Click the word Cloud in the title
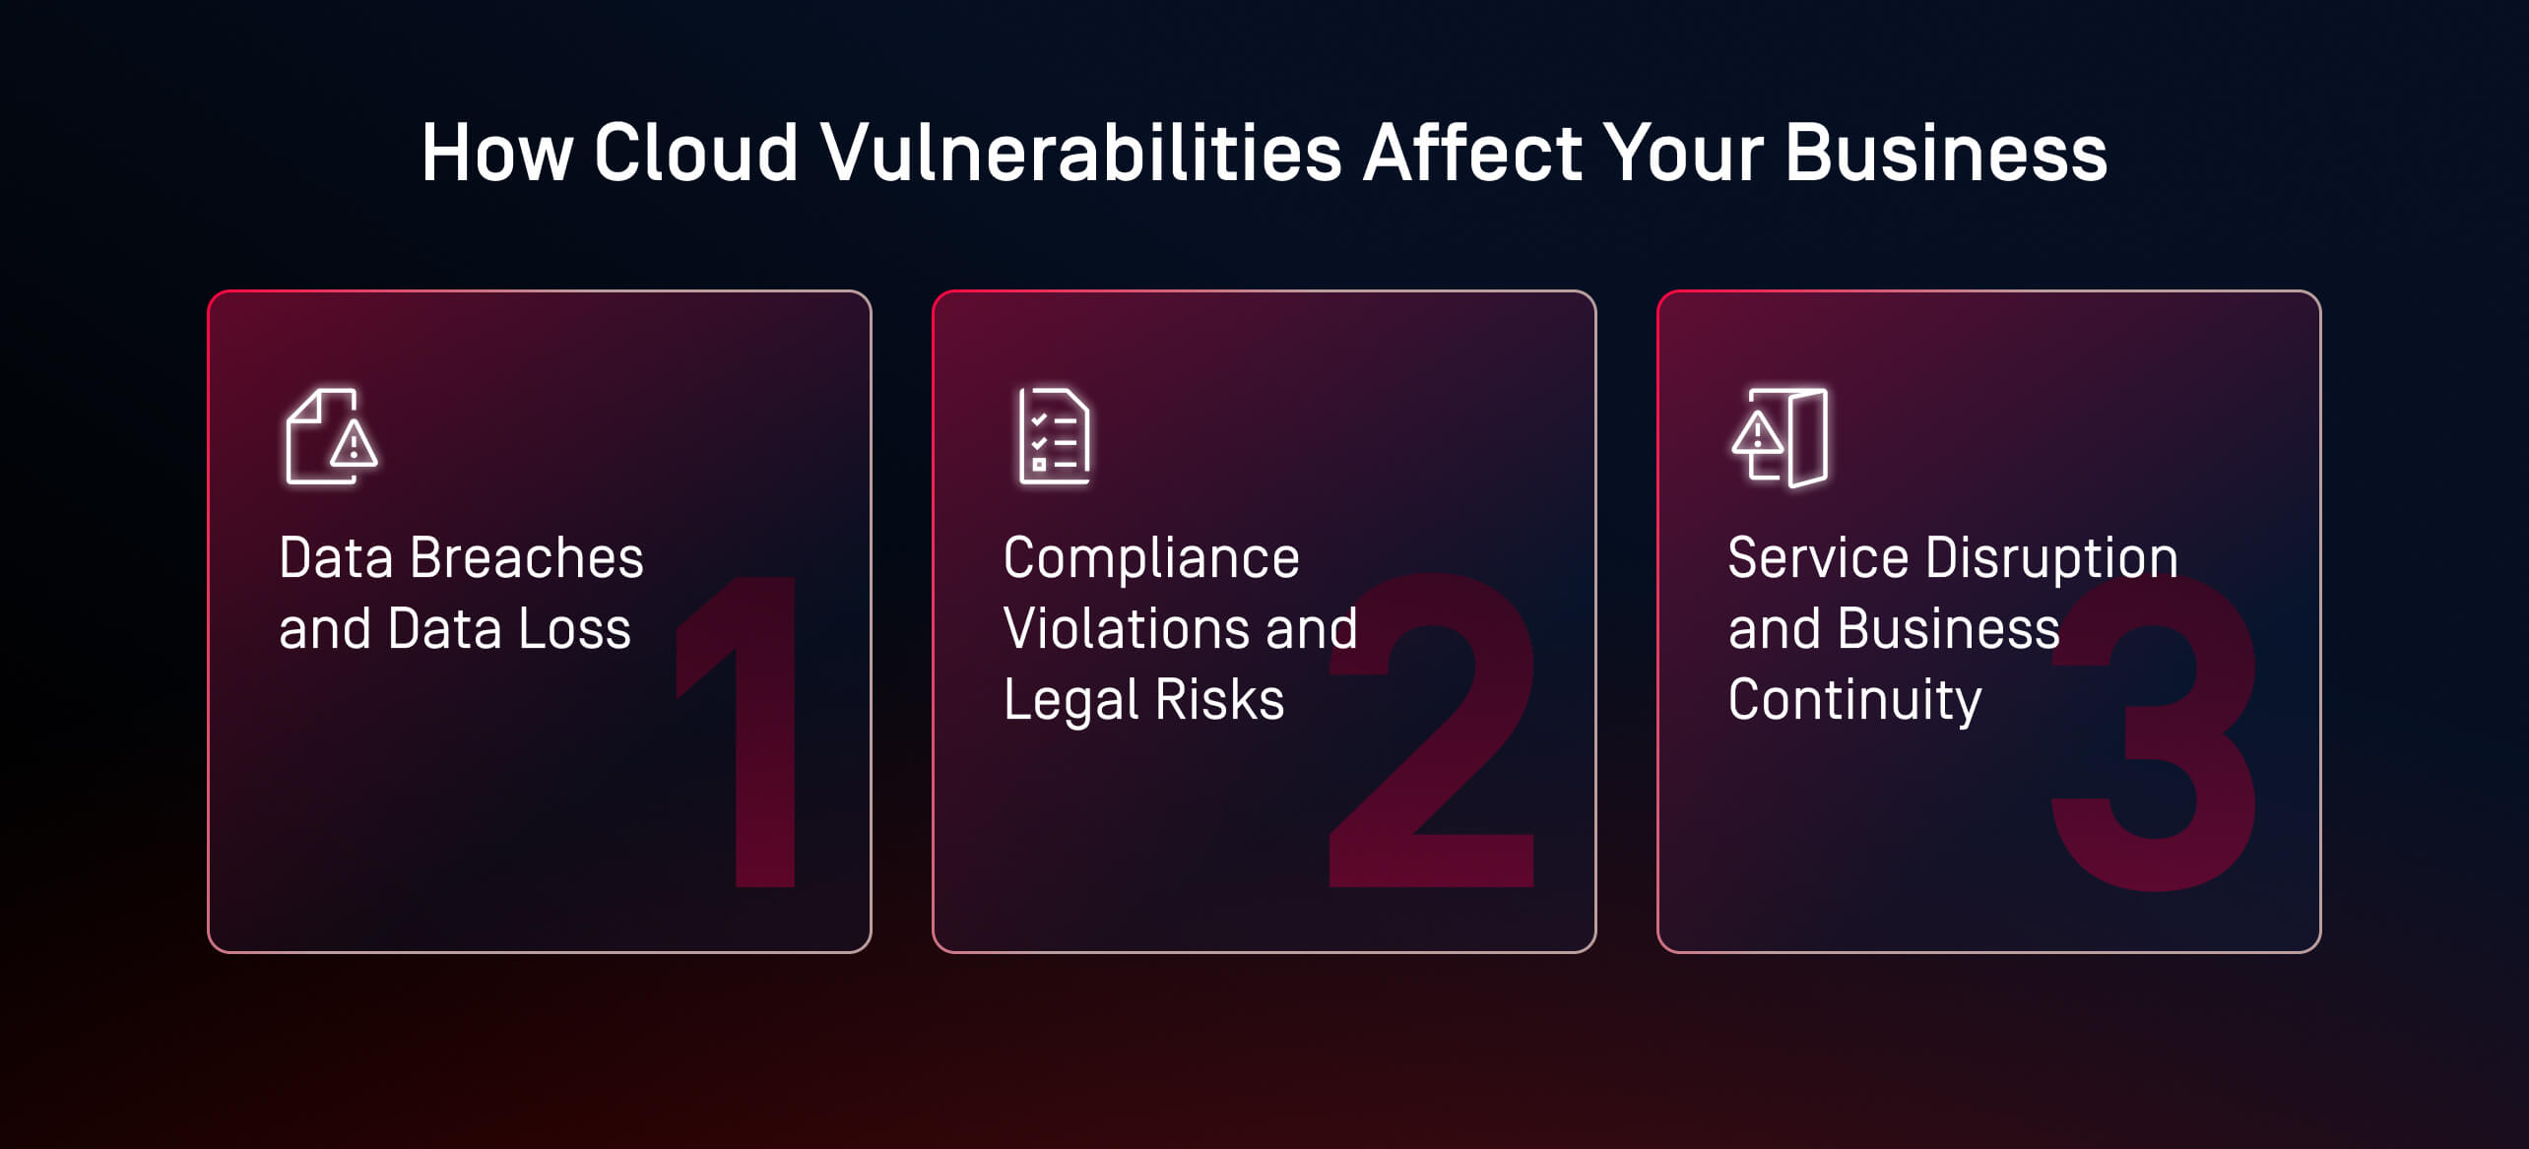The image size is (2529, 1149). coord(695,154)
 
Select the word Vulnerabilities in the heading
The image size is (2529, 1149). coord(1080,154)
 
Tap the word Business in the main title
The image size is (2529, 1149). coord(1945,154)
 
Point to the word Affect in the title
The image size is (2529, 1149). coord(1472,154)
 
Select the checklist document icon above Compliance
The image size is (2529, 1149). coord(1055,436)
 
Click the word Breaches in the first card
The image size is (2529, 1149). coord(526,558)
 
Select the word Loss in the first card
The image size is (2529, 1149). coord(574,629)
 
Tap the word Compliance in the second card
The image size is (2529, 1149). coord(1151,558)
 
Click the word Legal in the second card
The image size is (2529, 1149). coord(1070,700)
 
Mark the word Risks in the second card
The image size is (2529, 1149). coord(1219,700)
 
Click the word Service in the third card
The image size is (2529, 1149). coord(1818,558)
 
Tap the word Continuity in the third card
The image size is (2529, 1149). coord(1854,700)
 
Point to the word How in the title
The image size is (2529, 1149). coord(497,154)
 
